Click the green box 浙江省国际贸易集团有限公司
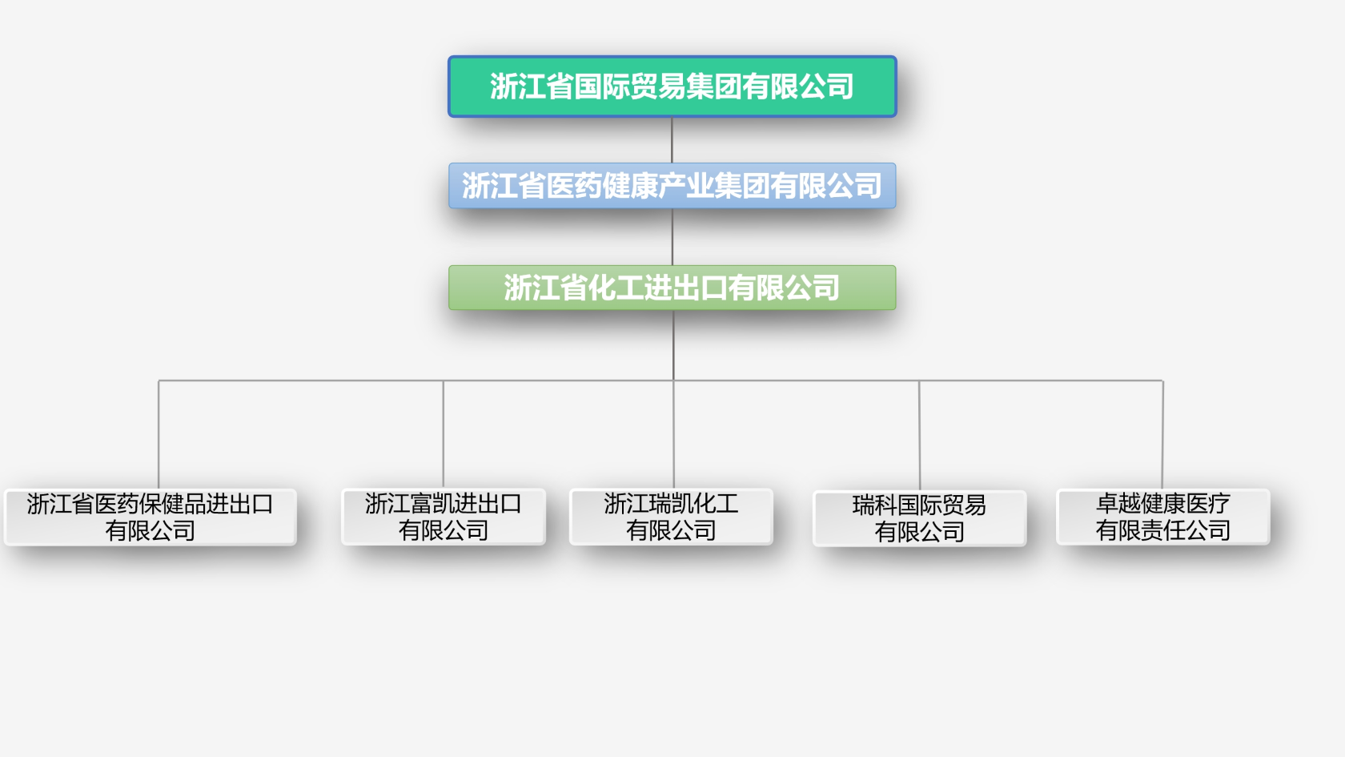[x=672, y=87]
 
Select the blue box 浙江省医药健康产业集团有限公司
[x=672, y=186]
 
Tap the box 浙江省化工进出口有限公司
[x=672, y=288]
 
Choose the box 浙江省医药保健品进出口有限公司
[x=151, y=517]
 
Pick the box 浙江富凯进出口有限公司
[x=444, y=517]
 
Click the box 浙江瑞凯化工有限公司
[x=671, y=517]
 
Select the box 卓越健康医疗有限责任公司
[x=1162, y=517]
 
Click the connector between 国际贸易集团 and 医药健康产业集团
[x=672, y=140]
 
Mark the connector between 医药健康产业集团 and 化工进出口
[x=672, y=237]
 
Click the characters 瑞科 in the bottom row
[x=874, y=505]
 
